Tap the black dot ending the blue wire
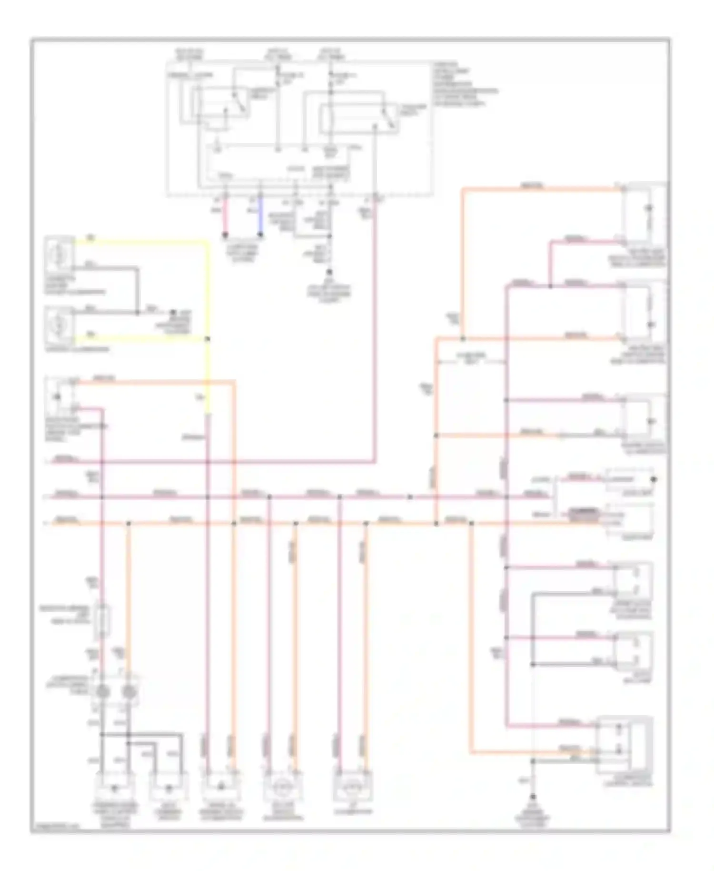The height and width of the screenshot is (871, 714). click(260, 234)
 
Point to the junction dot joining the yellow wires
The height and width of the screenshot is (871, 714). click(208, 339)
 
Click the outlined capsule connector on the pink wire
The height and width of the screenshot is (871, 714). click(102, 621)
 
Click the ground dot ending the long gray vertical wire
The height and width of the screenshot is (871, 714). click(533, 797)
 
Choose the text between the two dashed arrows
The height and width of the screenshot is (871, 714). click(471, 357)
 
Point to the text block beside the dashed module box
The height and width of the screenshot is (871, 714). click(464, 84)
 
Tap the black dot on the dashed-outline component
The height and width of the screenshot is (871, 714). click(654, 479)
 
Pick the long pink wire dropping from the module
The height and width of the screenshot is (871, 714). click(375, 334)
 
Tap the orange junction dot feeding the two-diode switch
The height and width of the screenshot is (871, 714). click(471, 524)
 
